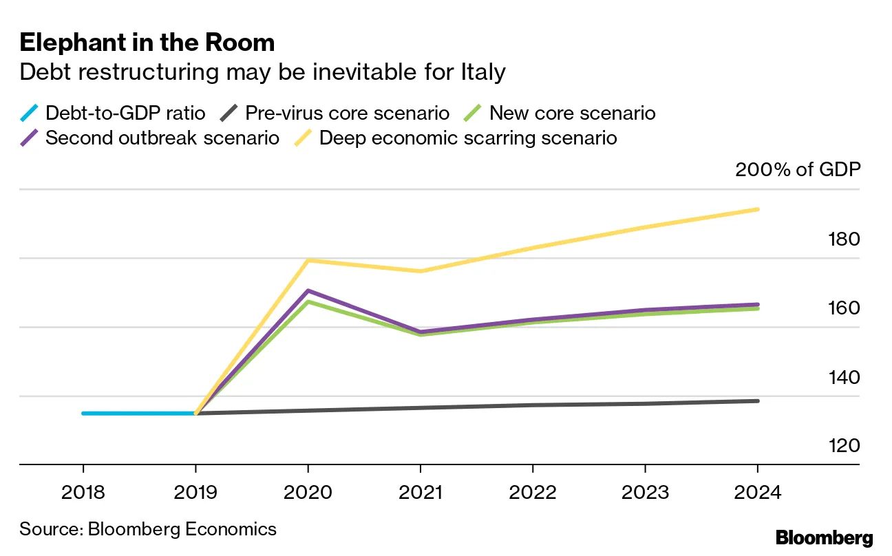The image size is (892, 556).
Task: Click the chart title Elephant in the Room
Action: pos(147,43)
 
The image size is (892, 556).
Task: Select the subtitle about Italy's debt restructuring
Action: pos(262,72)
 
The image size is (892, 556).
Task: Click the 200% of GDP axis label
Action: pos(798,169)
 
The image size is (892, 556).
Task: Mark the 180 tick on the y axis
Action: pos(843,239)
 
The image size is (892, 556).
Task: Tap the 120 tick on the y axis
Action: pos(843,446)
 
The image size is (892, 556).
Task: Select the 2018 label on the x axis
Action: pos(83,493)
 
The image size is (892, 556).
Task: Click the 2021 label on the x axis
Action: pos(421,493)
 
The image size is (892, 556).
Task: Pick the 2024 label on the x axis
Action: pos(758,493)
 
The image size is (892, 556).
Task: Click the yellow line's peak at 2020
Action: pos(308,260)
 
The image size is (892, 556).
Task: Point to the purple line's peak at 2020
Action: pos(308,290)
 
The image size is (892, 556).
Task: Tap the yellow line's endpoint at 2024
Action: pos(758,209)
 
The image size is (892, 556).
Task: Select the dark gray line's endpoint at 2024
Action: pos(758,400)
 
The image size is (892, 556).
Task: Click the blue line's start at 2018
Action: pos(83,414)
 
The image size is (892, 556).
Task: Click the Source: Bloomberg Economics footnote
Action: pos(148,528)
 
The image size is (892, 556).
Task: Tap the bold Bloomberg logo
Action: pos(824,538)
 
